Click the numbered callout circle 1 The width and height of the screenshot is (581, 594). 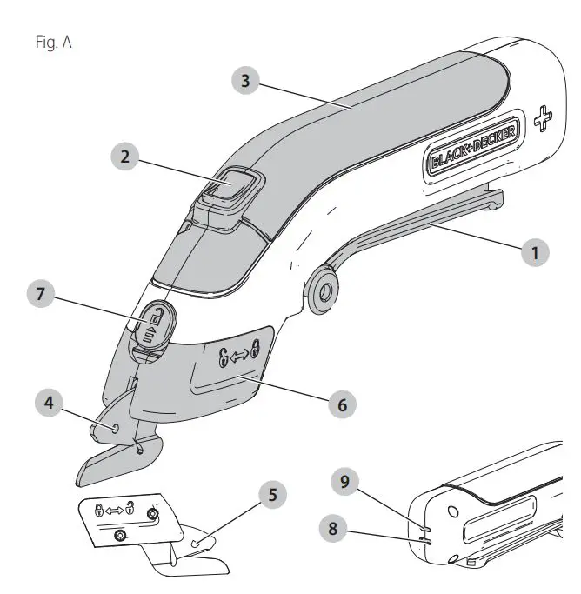point(536,253)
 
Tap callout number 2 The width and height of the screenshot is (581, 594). point(128,157)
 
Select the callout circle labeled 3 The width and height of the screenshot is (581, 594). point(247,82)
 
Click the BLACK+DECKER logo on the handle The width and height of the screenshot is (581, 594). point(474,147)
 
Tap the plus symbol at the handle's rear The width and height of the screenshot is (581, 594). point(543,121)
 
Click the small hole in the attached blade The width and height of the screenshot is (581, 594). point(116,427)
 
